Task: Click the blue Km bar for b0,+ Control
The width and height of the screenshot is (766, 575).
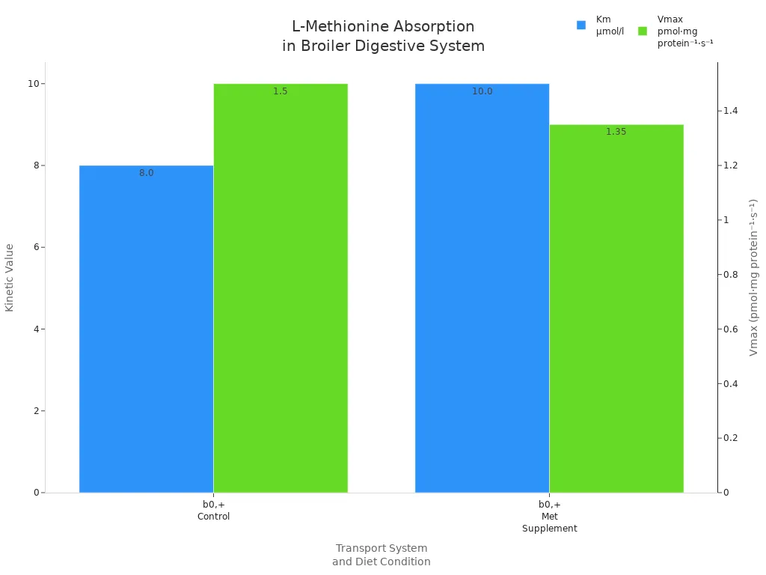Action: pyautogui.click(x=146, y=329)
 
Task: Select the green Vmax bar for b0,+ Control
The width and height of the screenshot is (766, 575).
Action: pyautogui.click(x=281, y=288)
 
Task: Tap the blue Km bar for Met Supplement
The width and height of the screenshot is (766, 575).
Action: pyautogui.click(x=482, y=288)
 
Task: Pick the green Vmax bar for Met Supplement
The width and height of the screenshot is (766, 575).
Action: pyautogui.click(x=616, y=308)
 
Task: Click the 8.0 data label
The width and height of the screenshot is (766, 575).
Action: pyautogui.click(x=146, y=173)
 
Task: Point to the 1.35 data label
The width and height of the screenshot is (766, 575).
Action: pyautogui.click(x=616, y=132)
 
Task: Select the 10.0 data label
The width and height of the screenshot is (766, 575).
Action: pyautogui.click(x=482, y=91)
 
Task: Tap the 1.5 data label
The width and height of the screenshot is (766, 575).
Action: pyautogui.click(x=281, y=91)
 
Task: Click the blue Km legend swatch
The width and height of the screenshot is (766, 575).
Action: pyautogui.click(x=581, y=25)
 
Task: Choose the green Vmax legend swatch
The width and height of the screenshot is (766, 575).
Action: pyautogui.click(x=643, y=31)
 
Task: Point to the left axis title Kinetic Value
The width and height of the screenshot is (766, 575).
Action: pyautogui.click(x=10, y=277)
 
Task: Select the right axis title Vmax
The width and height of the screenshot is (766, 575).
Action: pyautogui.click(x=754, y=277)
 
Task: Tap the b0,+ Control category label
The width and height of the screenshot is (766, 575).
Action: pyautogui.click(x=213, y=511)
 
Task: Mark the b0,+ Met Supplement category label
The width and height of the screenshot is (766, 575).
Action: pyautogui.click(x=549, y=517)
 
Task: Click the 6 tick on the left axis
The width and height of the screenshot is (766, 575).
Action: pyautogui.click(x=34, y=247)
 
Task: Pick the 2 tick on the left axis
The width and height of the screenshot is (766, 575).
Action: pyautogui.click(x=34, y=411)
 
